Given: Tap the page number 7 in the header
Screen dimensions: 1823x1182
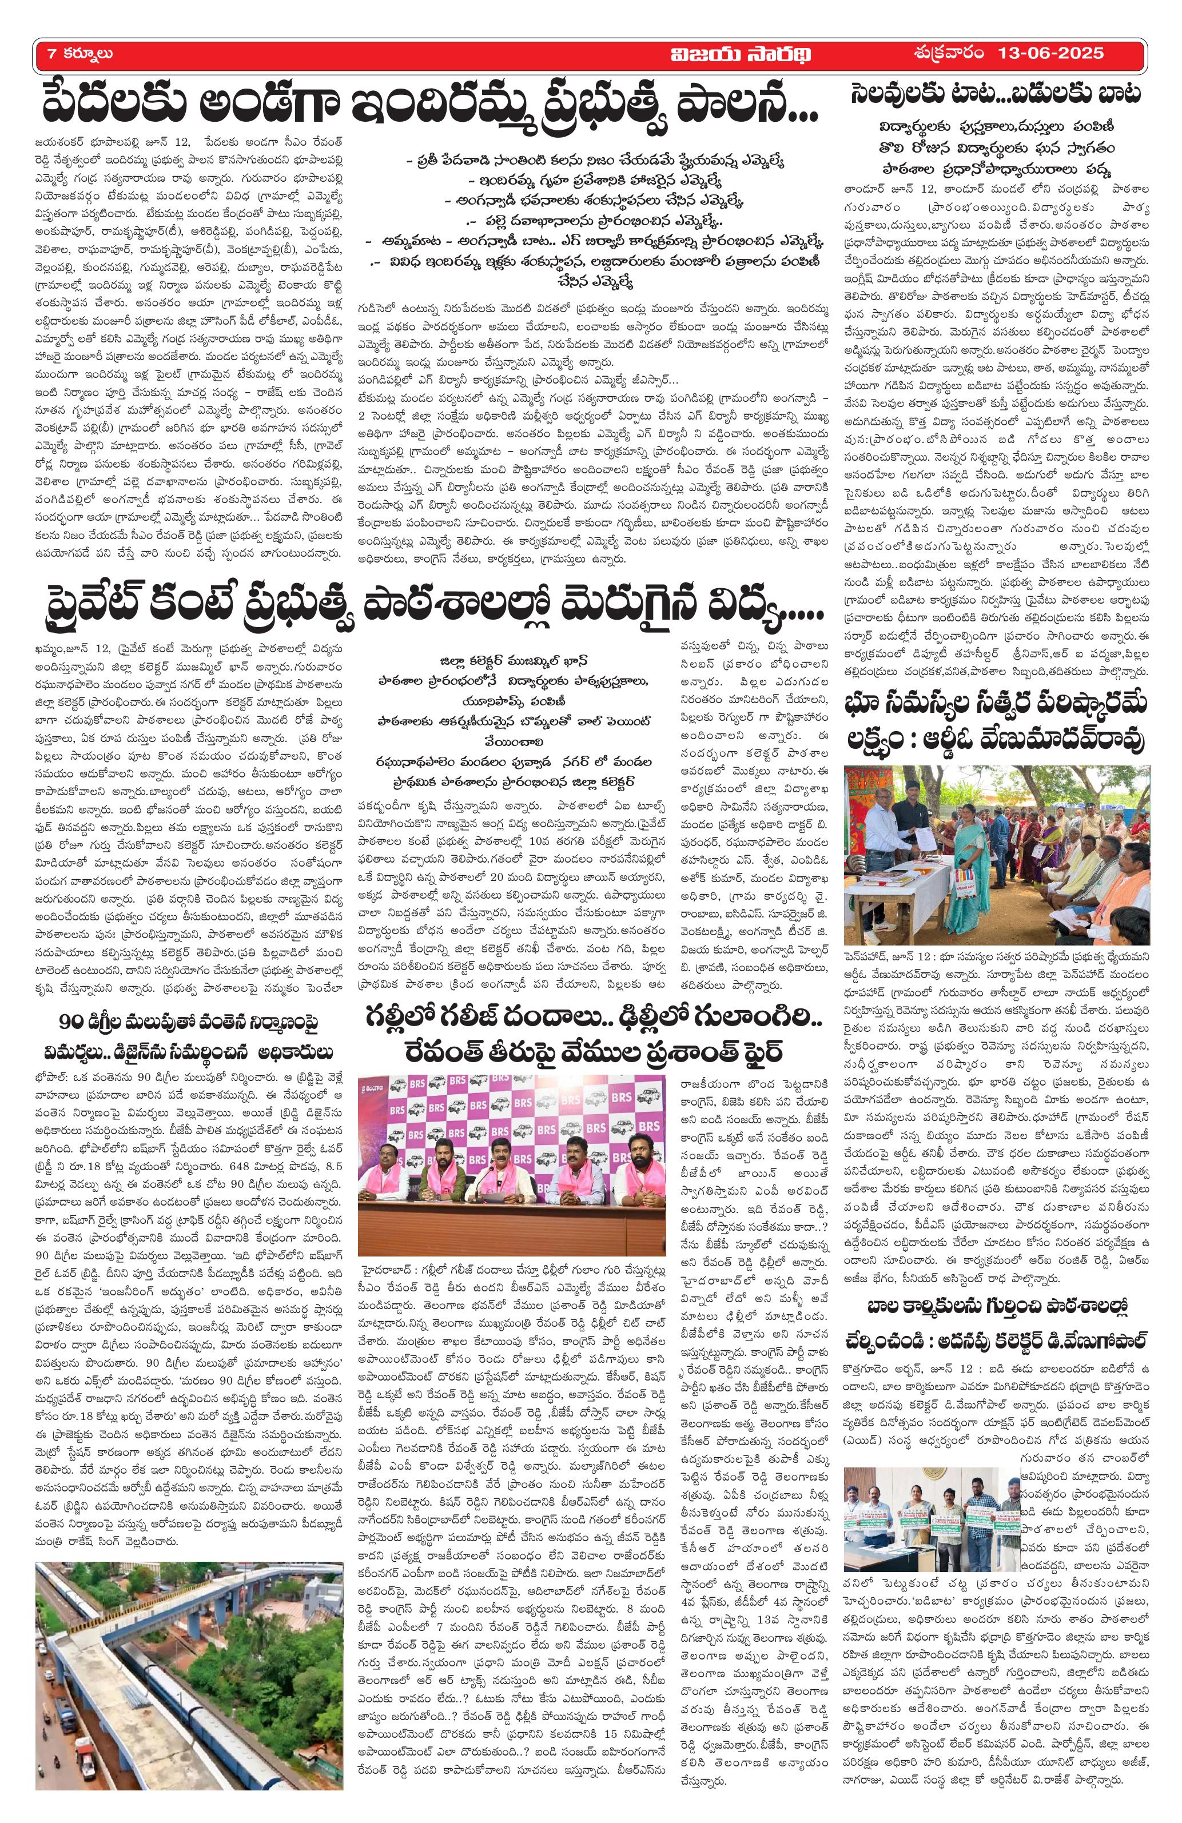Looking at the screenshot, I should (x=51, y=54).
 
